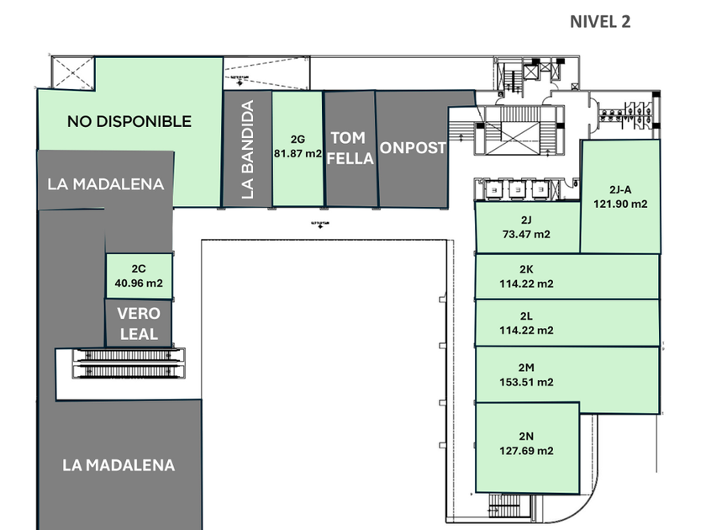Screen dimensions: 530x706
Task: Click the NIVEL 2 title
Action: pos(600,22)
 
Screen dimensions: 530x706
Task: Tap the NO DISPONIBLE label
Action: pos(129,121)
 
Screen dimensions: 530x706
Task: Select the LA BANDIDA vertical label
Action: pos(247,150)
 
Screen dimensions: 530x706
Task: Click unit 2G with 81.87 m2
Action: pos(298,146)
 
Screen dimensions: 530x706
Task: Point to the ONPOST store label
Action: pos(413,148)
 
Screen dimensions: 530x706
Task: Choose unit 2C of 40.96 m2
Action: pos(140,277)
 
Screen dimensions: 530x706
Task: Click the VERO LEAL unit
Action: pos(139,323)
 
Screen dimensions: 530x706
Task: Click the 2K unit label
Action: pos(526,269)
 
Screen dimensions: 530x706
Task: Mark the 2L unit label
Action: pos(526,316)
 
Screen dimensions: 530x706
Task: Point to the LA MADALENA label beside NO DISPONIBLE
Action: pos(106,184)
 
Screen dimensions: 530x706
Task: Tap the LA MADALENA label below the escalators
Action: pos(119,464)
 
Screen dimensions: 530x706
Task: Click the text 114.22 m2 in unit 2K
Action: pos(526,284)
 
